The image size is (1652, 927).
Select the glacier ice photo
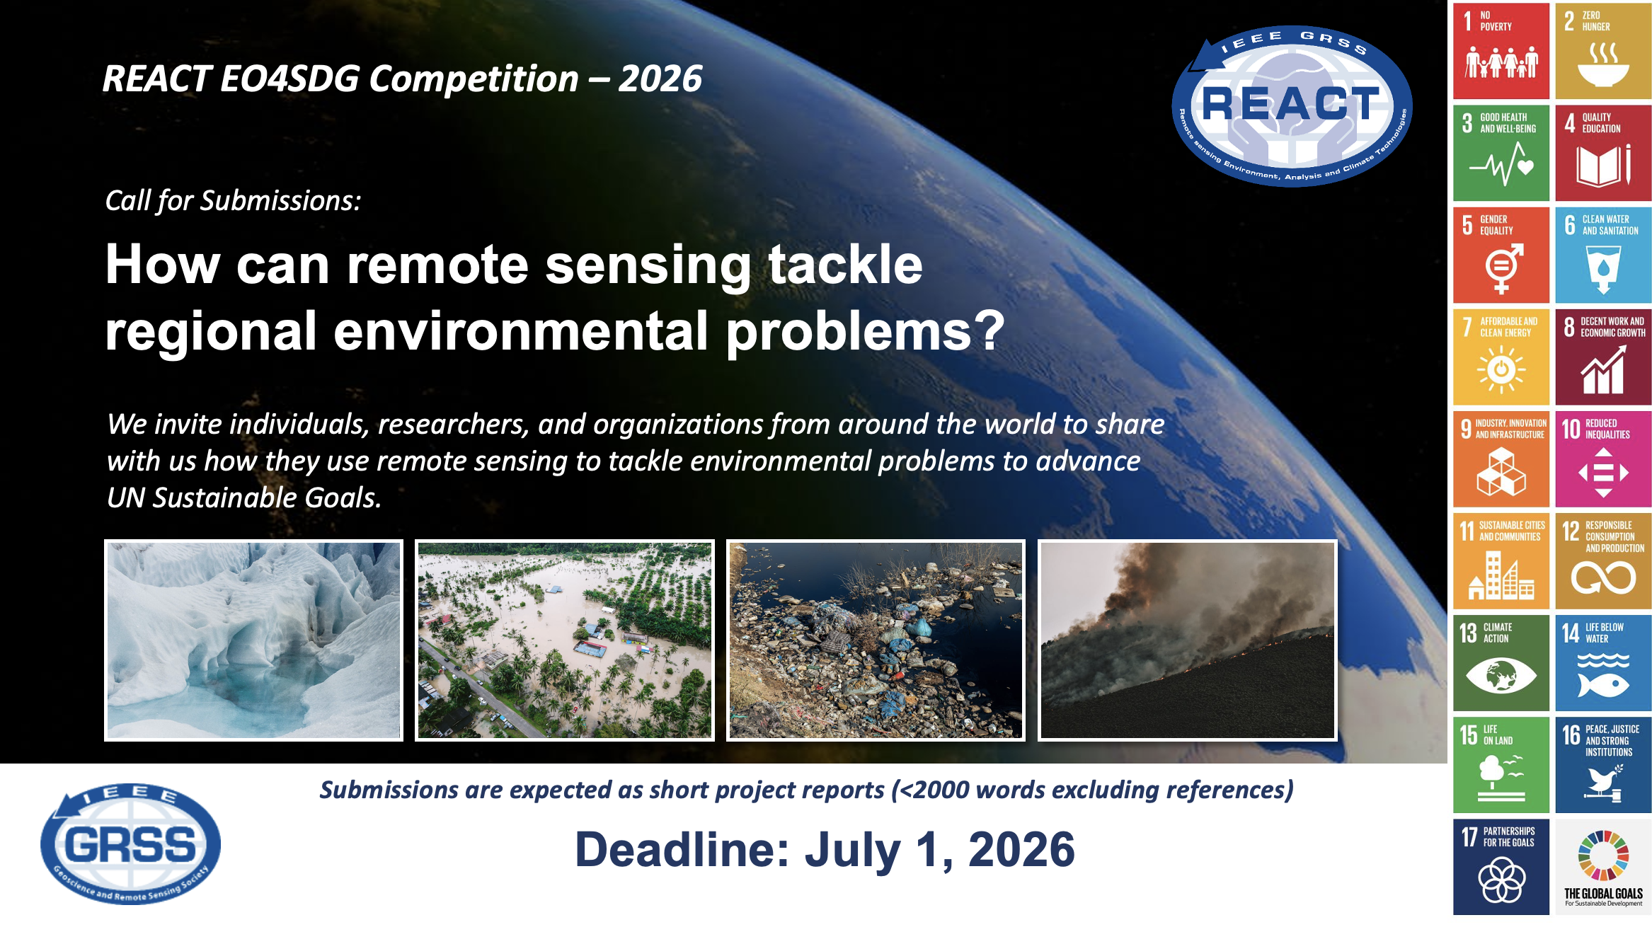pos(253,640)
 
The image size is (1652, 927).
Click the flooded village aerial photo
pos(565,640)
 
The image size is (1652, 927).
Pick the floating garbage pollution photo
pos(876,640)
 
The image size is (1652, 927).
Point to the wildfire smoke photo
pos(1188,640)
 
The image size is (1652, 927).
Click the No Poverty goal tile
pos(1501,51)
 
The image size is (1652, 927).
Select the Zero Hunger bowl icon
pos(1603,65)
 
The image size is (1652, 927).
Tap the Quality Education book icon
pos(1603,165)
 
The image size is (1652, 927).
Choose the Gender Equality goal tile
pos(1501,255)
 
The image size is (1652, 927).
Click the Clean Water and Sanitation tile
pos(1603,255)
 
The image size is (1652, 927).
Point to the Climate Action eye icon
pos(1501,675)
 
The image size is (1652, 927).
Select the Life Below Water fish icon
pos(1603,684)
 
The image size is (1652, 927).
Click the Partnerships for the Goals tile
pos(1501,867)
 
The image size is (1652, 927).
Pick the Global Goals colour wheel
pos(1603,856)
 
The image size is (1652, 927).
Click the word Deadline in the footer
pos(682,849)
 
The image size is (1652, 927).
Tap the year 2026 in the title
pos(660,78)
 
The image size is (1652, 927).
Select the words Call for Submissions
pos(233,201)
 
